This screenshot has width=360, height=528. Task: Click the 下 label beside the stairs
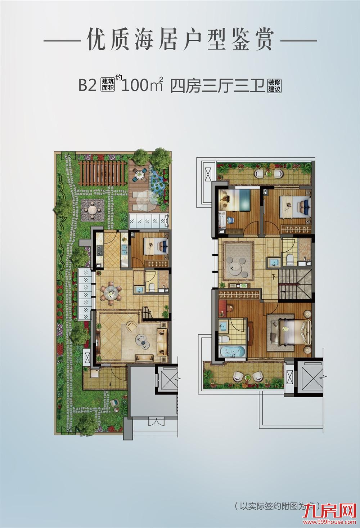(274, 277)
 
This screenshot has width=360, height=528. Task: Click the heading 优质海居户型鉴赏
(180, 40)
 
